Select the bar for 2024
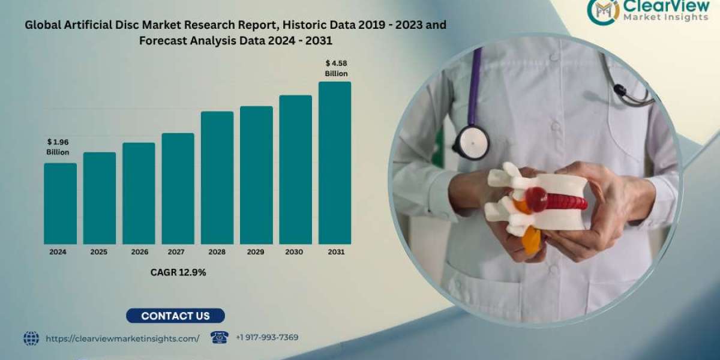[60, 203]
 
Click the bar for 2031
[335, 163]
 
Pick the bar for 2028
[217, 178]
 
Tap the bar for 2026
[139, 193]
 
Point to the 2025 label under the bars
[99, 252]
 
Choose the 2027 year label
[178, 252]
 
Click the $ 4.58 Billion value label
[336, 68]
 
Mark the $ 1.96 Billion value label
[58, 147]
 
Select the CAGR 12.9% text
[178, 272]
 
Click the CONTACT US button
[175, 316]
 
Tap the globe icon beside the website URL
[31, 338]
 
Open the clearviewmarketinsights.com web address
[122, 338]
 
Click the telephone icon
[220, 337]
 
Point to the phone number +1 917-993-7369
[267, 338]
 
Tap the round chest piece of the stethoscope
[471, 142]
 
